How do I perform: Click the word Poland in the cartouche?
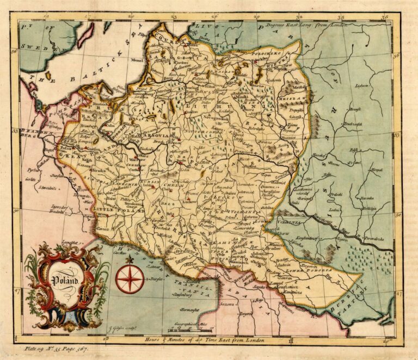pyautogui.click(x=66, y=281)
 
